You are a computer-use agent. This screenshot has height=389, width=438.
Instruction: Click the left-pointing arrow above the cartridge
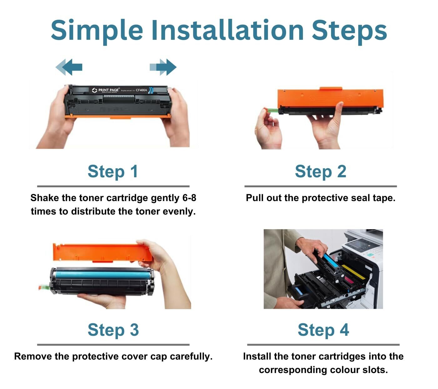click(69, 67)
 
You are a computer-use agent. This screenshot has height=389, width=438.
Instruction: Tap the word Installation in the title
click(227, 30)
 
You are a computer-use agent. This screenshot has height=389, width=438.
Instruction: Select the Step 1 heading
click(113, 171)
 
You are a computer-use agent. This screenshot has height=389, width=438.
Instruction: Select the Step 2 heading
click(320, 171)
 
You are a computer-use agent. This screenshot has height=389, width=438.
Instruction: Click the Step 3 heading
click(113, 330)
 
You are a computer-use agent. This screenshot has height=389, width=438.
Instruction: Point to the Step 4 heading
click(323, 330)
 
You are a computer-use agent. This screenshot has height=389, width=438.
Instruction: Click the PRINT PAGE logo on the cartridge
click(106, 90)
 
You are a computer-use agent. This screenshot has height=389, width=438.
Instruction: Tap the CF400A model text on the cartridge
click(141, 90)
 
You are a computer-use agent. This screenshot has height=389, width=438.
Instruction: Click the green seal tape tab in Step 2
click(271, 110)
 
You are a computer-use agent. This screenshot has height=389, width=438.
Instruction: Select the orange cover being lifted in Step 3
click(100, 252)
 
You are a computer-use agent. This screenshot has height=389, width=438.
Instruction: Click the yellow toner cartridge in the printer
click(353, 272)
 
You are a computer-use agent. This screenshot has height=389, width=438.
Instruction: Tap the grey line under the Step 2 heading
click(320, 186)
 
